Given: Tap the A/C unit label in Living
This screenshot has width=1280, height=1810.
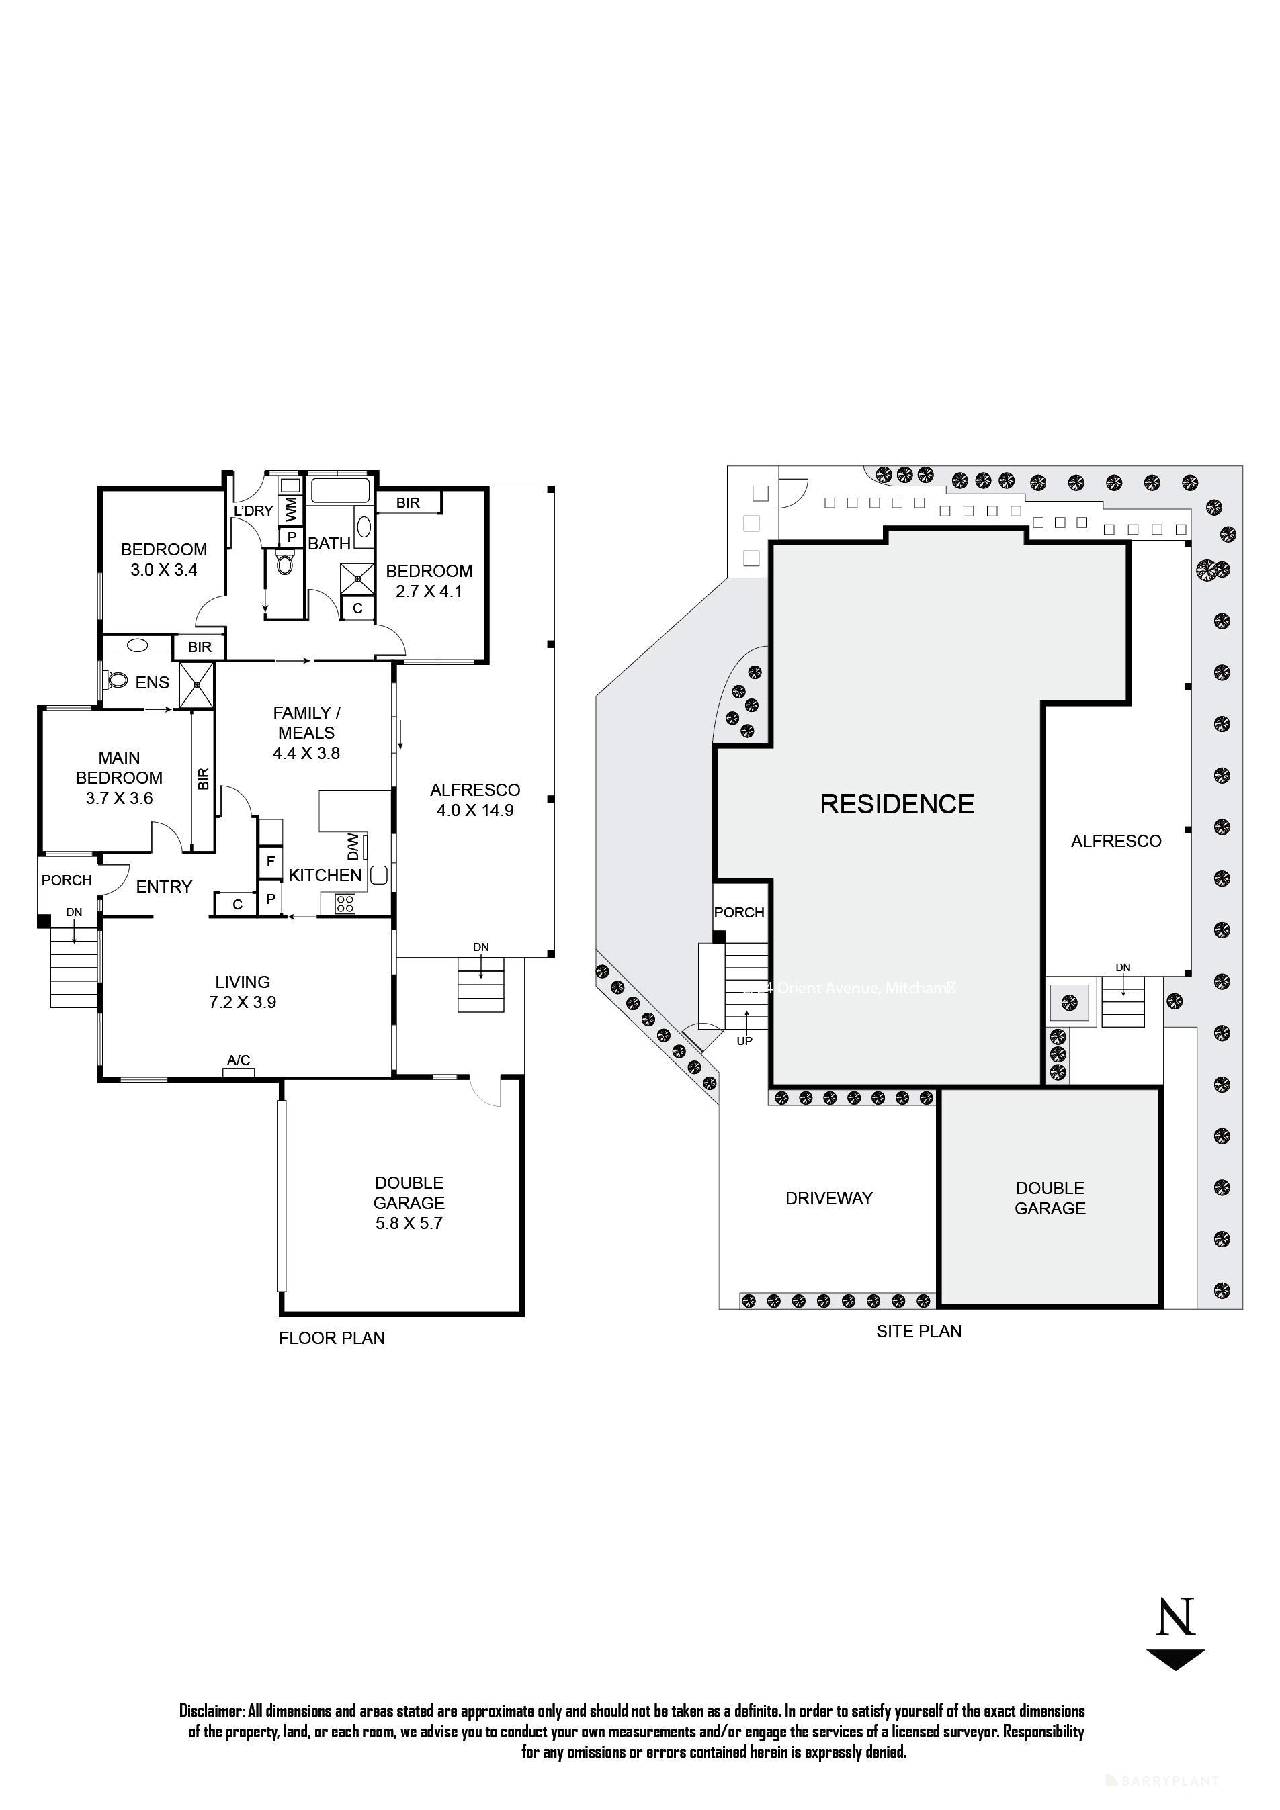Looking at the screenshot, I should point(238,1060).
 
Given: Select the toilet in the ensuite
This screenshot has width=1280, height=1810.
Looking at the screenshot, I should point(117,679).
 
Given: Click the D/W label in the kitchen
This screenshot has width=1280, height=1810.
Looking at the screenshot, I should point(353,847).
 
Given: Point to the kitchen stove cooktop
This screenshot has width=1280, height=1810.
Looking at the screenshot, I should point(345,903).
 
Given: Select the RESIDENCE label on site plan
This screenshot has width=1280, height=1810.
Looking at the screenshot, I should point(897,803).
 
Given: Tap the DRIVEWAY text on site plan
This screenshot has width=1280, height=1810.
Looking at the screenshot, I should point(829,1198).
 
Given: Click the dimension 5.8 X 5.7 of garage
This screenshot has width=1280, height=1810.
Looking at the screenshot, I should point(409,1224).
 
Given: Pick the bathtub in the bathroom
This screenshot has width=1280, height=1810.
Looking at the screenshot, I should point(341,490).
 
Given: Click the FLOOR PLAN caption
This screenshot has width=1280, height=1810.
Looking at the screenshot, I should point(331,1338).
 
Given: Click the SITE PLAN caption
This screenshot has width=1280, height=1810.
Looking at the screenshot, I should point(919,1332).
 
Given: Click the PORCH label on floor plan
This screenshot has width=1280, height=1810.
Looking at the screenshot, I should point(67,880).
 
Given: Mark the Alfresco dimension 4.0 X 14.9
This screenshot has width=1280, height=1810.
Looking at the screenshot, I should point(475,811).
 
